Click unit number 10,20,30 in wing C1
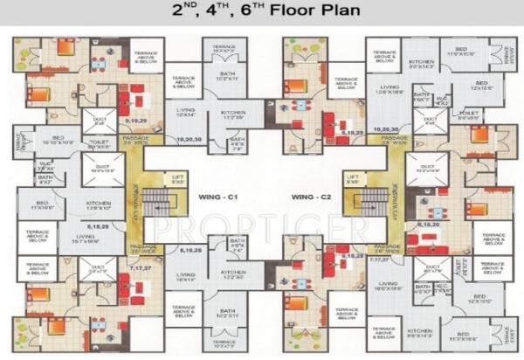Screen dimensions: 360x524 pyautogui.click(x=188, y=138)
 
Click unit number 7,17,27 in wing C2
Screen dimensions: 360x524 pyautogui.click(x=380, y=260)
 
